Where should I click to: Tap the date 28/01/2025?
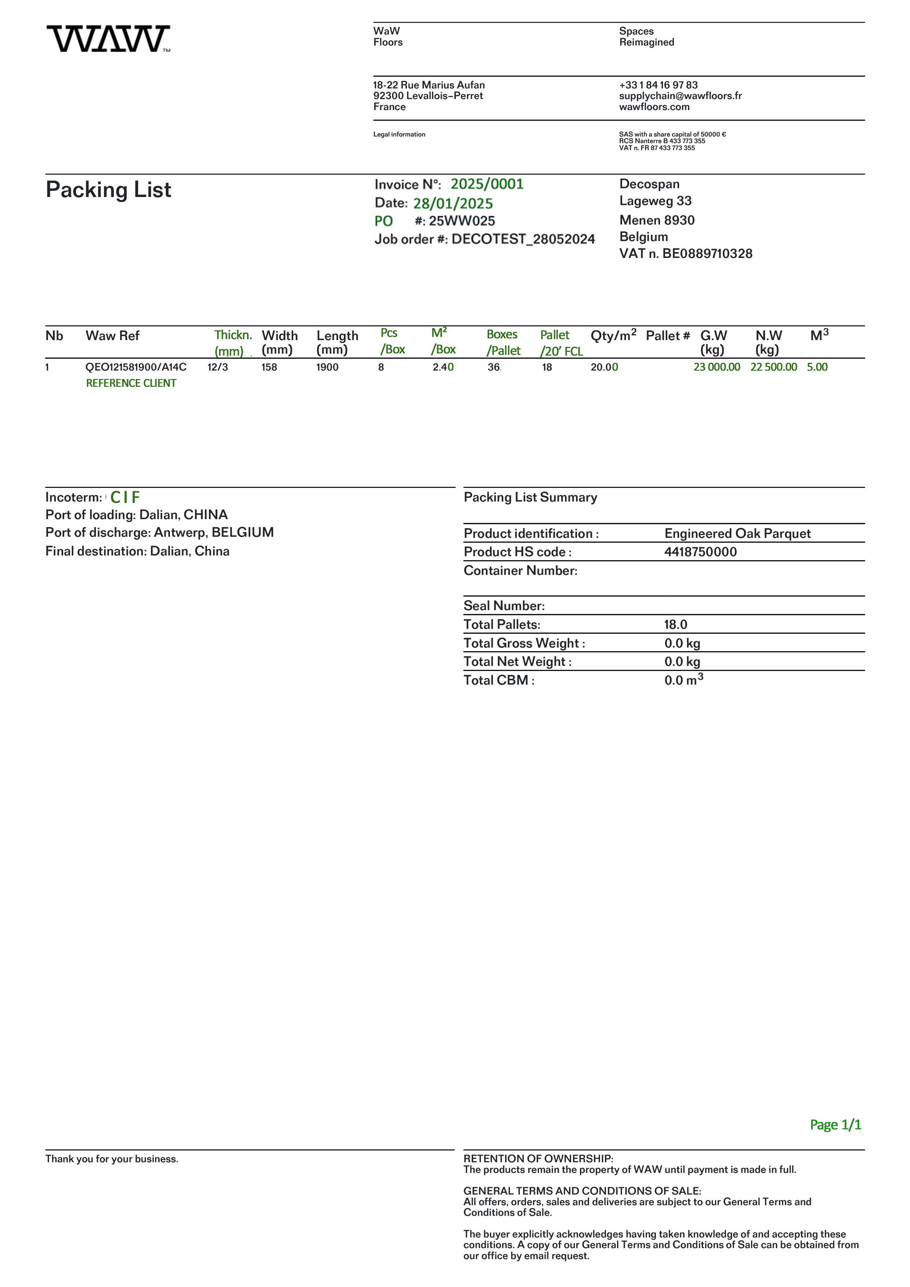[x=453, y=204]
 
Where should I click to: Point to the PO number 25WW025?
[x=462, y=221]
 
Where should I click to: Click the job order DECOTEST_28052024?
[x=523, y=239]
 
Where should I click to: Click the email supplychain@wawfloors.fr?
[x=680, y=96]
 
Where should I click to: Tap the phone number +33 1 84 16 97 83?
[x=658, y=85]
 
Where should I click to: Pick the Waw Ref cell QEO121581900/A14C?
[x=136, y=367]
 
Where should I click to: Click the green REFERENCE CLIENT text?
[x=131, y=383]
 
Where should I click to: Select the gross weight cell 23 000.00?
[x=717, y=367]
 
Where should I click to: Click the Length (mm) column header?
[x=337, y=343]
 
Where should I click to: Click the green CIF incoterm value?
[x=125, y=497]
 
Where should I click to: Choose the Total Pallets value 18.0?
[x=676, y=624]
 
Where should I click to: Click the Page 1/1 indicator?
[x=835, y=1124]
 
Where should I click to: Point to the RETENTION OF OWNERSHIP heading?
[x=538, y=1159]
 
